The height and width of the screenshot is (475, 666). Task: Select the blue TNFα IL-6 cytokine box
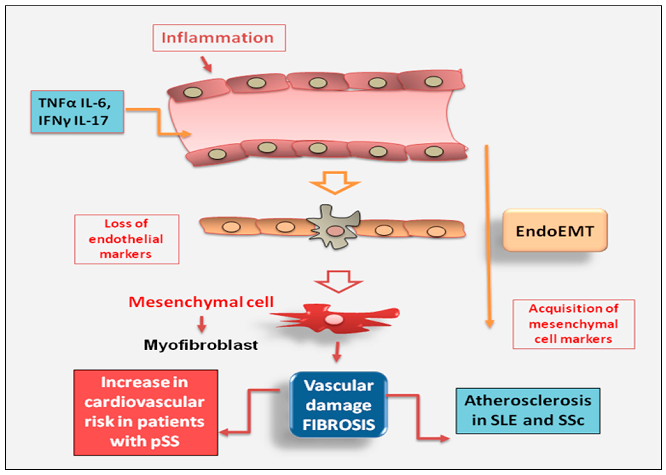point(77,112)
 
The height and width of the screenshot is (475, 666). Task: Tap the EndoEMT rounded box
point(555,230)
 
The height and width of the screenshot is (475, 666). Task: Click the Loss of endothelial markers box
point(127,239)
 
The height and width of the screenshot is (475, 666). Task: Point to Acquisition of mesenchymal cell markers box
point(573,324)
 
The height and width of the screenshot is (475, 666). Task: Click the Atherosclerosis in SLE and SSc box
point(528,410)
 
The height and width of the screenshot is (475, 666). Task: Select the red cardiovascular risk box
point(145,412)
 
